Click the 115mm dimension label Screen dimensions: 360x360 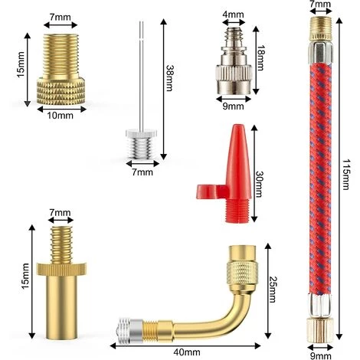(x=345, y=175)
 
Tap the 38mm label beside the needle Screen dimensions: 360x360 (x=169, y=78)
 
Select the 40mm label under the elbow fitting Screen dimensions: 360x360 (x=187, y=352)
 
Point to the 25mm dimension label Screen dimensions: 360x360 (x=273, y=290)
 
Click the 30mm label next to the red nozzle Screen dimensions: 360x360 (x=258, y=185)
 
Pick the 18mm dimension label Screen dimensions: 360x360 (x=261, y=57)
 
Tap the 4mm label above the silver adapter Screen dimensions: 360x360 (x=233, y=15)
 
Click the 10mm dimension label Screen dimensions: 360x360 (x=61, y=116)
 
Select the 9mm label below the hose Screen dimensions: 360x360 (x=320, y=355)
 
